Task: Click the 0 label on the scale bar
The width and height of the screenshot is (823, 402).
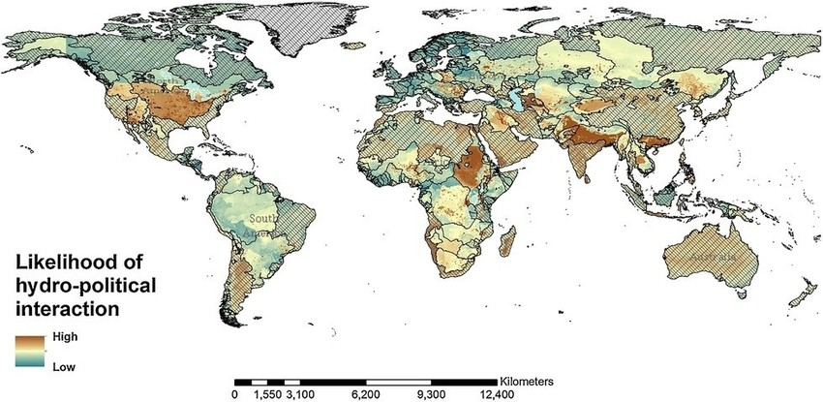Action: tap(234, 394)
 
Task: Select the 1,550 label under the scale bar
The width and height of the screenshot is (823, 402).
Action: tap(266, 394)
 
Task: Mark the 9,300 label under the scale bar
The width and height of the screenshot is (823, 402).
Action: tap(430, 394)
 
